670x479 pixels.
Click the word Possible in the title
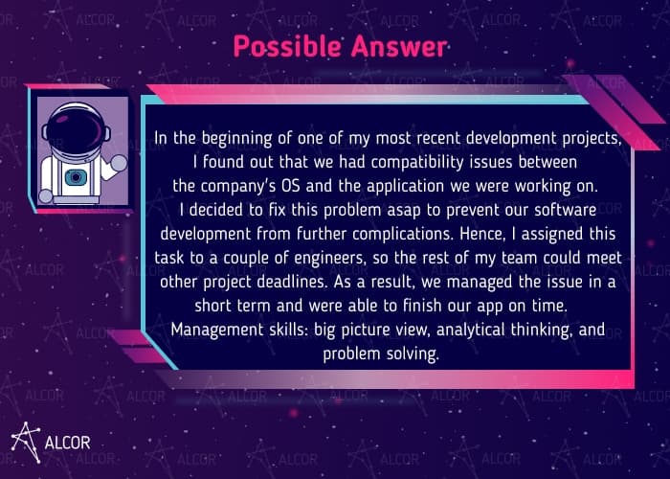(x=287, y=46)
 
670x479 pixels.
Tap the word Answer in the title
(x=399, y=46)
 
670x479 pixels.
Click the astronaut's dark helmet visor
(x=75, y=128)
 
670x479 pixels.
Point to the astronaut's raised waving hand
(x=119, y=163)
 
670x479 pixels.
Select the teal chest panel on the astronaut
(x=76, y=177)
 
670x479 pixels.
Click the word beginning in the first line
(x=236, y=139)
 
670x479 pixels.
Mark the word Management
(x=216, y=331)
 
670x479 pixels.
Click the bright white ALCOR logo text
(x=68, y=443)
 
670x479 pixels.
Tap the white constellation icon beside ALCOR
(x=26, y=443)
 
